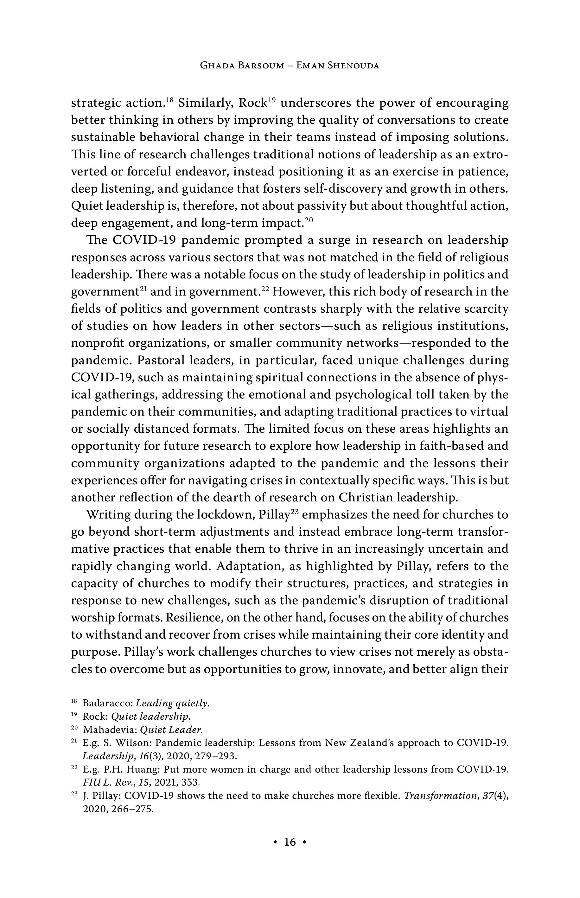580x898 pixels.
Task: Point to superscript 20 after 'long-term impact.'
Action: [x=309, y=220]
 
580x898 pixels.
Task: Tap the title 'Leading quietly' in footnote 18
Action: [x=172, y=703]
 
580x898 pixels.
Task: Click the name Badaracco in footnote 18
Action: [x=107, y=703]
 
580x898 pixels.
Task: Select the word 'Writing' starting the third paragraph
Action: [x=108, y=515]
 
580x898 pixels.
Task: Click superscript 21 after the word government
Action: [x=142, y=289]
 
